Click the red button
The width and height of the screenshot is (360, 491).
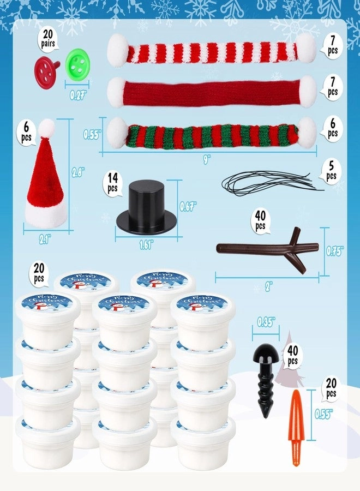(47, 71)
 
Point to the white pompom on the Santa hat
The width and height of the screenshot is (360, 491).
(47, 128)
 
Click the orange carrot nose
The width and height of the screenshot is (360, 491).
(296, 428)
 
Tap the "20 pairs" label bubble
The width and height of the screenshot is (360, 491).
(50, 40)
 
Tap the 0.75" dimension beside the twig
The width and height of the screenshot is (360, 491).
(334, 251)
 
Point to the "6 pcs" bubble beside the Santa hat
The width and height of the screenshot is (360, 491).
(26, 131)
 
